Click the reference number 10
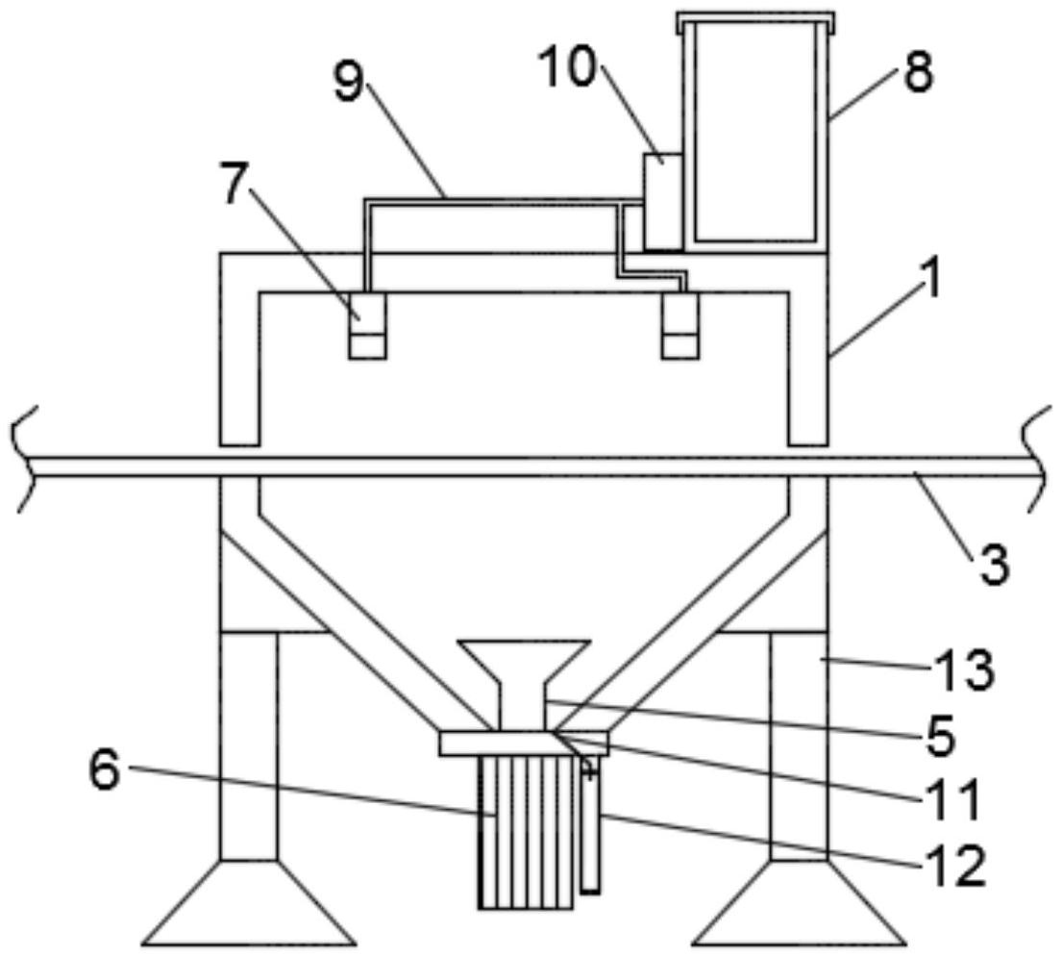coord(567,67)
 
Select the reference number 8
coord(918,72)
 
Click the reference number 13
coord(966,669)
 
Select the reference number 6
coord(106,771)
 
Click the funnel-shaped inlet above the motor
coord(523,685)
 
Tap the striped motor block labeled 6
coord(526,833)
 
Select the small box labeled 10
coord(662,201)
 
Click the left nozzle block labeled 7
coord(367,325)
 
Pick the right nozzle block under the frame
coord(680,325)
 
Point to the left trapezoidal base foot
coord(249,902)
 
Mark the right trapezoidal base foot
coord(799,902)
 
